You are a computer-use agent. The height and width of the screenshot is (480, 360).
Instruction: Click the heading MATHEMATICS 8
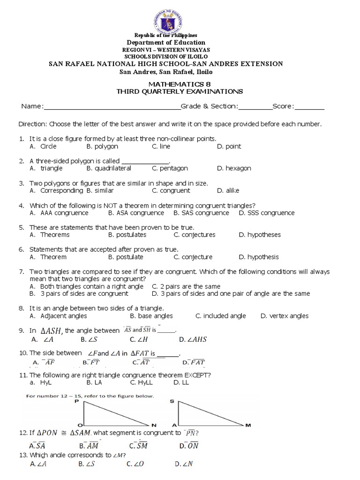pyautogui.click(x=180, y=83)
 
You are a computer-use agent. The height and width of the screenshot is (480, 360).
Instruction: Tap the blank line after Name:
pyautogui.click(x=112, y=107)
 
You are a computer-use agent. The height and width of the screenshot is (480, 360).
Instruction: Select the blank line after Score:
pyautogui.click(x=309, y=107)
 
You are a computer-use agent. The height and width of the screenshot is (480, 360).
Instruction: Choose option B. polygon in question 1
pyautogui.click(x=102, y=146)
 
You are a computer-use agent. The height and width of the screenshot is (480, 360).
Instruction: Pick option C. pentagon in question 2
pyautogui.click(x=170, y=168)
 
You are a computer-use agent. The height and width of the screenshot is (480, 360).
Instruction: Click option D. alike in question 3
pyautogui.click(x=228, y=191)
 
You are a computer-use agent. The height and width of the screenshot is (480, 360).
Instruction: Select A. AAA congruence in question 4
pyautogui.click(x=59, y=213)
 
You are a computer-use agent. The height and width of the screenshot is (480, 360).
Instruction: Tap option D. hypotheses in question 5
pyautogui.click(x=258, y=235)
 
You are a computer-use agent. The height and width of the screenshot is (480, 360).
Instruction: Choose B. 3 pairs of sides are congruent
pyautogui.click(x=78, y=293)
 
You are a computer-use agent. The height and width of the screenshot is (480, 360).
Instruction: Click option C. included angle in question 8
pyautogui.click(x=220, y=316)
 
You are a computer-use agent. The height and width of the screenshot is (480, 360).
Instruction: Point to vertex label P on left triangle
pyautogui.click(x=76, y=402)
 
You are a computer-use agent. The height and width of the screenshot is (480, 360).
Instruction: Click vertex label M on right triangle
pyautogui.click(x=248, y=425)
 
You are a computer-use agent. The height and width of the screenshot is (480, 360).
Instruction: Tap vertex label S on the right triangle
pyautogui.click(x=172, y=402)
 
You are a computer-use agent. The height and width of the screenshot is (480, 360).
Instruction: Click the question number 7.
pyautogui.click(x=22, y=271)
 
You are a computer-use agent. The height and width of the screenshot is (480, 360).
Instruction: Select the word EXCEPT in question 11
pyautogui.click(x=195, y=375)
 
